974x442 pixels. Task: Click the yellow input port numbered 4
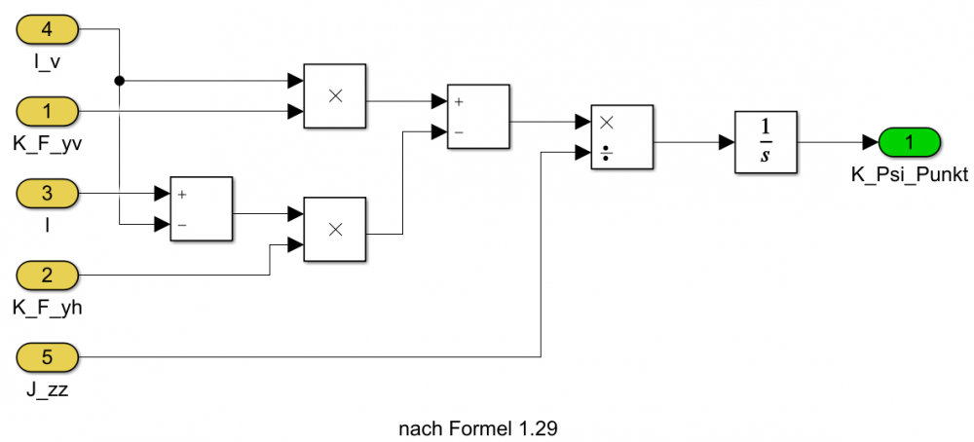point(48,29)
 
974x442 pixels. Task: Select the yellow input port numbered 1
point(48,111)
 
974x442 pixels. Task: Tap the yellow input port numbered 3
point(48,193)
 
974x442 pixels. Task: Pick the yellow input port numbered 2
point(48,275)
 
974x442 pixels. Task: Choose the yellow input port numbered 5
point(48,357)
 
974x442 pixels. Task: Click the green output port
point(909,143)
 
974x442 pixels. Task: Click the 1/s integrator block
point(766,143)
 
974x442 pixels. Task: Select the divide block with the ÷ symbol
point(621,137)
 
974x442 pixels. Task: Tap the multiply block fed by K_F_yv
point(335,95)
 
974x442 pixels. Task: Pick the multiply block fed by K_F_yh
point(335,229)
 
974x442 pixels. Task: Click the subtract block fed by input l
point(202,208)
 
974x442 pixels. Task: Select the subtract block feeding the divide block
point(478,116)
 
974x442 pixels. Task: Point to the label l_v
point(48,62)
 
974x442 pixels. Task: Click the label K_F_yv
point(48,144)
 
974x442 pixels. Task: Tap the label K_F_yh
point(48,309)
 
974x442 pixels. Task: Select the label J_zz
point(48,390)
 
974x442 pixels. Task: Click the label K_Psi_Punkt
point(909,176)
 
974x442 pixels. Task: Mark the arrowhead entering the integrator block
point(727,143)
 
